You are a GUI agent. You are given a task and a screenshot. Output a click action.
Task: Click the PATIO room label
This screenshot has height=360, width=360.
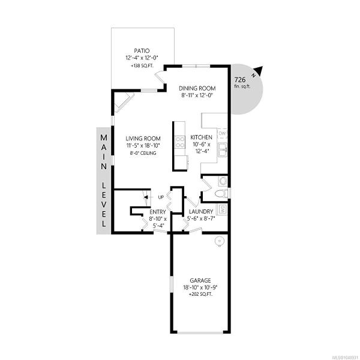[142, 50]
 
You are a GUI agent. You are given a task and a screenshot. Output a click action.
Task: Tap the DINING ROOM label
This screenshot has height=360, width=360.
[197, 88]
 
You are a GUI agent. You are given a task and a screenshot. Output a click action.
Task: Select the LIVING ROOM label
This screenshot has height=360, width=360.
[143, 139]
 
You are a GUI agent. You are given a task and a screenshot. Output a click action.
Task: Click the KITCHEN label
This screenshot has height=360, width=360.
[202, 137]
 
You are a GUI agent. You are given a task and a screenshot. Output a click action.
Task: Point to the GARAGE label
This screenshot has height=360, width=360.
[200, 280]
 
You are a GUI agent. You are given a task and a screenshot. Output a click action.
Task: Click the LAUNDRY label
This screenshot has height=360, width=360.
[201, 211]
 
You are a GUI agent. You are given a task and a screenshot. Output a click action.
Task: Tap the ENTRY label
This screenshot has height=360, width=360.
[158, 212]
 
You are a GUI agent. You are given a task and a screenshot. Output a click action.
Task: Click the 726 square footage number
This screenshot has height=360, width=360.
[240, 80]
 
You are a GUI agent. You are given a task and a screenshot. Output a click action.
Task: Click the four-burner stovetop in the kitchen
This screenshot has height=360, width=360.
[180, 142]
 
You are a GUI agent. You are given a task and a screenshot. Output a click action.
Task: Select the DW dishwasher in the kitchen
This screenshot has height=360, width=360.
[222, 134]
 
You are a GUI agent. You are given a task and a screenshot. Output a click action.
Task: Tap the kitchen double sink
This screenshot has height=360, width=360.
[223, 149]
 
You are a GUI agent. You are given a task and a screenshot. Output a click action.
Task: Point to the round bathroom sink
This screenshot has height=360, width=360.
[223, 181]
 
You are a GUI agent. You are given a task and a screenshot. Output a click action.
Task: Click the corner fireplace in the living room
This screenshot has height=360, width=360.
[124, 102]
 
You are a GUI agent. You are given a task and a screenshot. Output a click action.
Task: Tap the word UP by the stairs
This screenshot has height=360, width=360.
[161, 197]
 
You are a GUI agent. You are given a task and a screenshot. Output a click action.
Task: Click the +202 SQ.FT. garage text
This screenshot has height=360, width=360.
[200, 294]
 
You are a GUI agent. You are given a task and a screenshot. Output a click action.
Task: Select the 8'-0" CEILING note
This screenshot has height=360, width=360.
[143, 153]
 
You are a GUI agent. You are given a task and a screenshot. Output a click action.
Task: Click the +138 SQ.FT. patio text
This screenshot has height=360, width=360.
[142, 65]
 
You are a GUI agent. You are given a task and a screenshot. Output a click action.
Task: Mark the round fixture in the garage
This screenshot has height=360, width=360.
[219, 242]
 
